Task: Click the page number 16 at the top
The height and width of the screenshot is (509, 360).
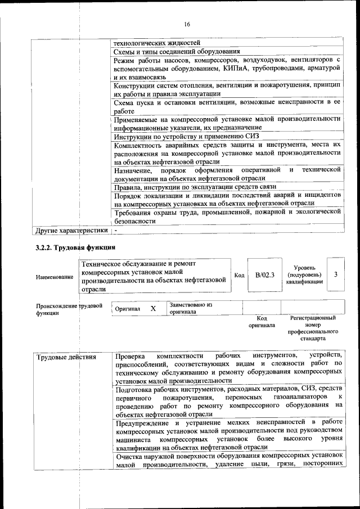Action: pyautogui.click(x=187, y=23)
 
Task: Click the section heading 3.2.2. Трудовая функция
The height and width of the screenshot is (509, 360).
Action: pyautogui.click(x=75, y=247)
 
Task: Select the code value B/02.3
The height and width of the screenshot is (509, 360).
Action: pyautogui.click(x=264, y=275)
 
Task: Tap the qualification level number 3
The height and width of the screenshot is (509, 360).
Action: pyautogui.click(x=335, y=274)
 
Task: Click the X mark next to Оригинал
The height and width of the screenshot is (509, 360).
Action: pyautogui.click(x=152, y=309)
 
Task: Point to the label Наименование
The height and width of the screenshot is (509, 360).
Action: pyautogui.click(x=54, y=277)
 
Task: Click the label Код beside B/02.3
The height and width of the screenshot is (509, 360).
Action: pyautogui.click(x=239, y=275)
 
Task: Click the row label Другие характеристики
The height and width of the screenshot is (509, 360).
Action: pyautogui.click(x=71, y=231)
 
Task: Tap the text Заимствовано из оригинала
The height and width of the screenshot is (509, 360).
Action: pyautogui.click(x=190, y=308)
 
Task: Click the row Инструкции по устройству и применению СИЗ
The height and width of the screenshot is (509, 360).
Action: pyautogui.click(x=186, y=137)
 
